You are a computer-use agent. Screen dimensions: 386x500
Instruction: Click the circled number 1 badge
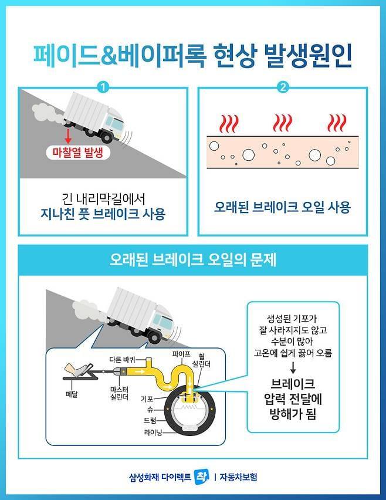point(103,87)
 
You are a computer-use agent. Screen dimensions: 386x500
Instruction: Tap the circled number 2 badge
point(283,87)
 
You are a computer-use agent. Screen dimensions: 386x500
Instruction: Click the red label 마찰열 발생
point(78,153)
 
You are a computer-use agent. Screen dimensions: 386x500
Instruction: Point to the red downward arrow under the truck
point(67,136)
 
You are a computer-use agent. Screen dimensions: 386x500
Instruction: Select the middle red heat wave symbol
point(282,123)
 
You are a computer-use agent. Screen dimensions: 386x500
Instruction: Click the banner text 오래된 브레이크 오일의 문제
point(193,260)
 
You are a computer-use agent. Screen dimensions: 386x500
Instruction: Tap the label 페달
point(72,394)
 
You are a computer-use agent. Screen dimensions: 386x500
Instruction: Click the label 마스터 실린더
point(119,393)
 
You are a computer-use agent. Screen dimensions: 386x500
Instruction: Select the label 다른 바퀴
point(123,360)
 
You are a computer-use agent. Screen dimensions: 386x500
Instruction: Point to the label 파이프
point(181,354)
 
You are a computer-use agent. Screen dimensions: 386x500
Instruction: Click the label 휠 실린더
point(201,360)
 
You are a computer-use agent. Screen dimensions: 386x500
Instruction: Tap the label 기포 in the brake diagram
point(147,398)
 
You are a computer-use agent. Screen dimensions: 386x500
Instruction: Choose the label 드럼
point(150,421)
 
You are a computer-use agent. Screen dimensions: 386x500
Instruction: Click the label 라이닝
point(153,432)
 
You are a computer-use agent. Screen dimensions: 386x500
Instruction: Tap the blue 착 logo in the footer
point(202,477)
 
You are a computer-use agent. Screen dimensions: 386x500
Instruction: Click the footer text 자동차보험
point(238,477)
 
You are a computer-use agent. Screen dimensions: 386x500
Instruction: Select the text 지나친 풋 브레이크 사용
point(103,214)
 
